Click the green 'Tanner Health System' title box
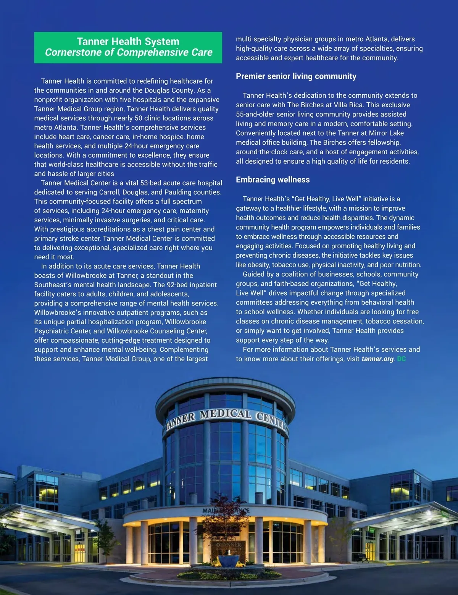(128, 47)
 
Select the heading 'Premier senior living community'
(296, 76)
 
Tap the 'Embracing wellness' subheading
(273, 180)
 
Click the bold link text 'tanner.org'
(377, 359)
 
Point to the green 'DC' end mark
(401, 359)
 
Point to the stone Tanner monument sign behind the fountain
(229, 546)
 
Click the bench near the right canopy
(363, 558)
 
